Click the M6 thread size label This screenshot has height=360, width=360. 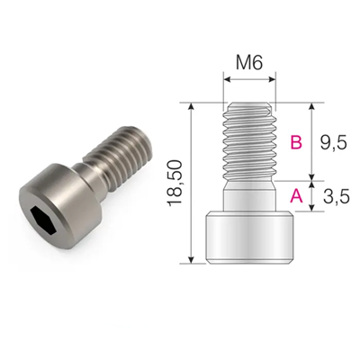pyautogui.click(x=248, y=64)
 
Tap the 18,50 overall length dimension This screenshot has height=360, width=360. pyautogui.click(x=177, y=183)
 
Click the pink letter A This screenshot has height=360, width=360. pyautogui.click(x=295, y=194)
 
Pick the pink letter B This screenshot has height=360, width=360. pyautogui.click(x=295, y=142)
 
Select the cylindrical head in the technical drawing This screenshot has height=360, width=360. pyautogui.click(x=249, y=237)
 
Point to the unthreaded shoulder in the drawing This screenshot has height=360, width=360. pyautogui.click(x=249, y=195)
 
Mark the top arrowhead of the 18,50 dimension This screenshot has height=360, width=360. pyautogui.click(x=193, y=105)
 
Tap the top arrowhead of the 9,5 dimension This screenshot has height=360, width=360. pyautogui.click(x=311, y=105)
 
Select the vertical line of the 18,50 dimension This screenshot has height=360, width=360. pyautogui.click(x=193, y=225)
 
